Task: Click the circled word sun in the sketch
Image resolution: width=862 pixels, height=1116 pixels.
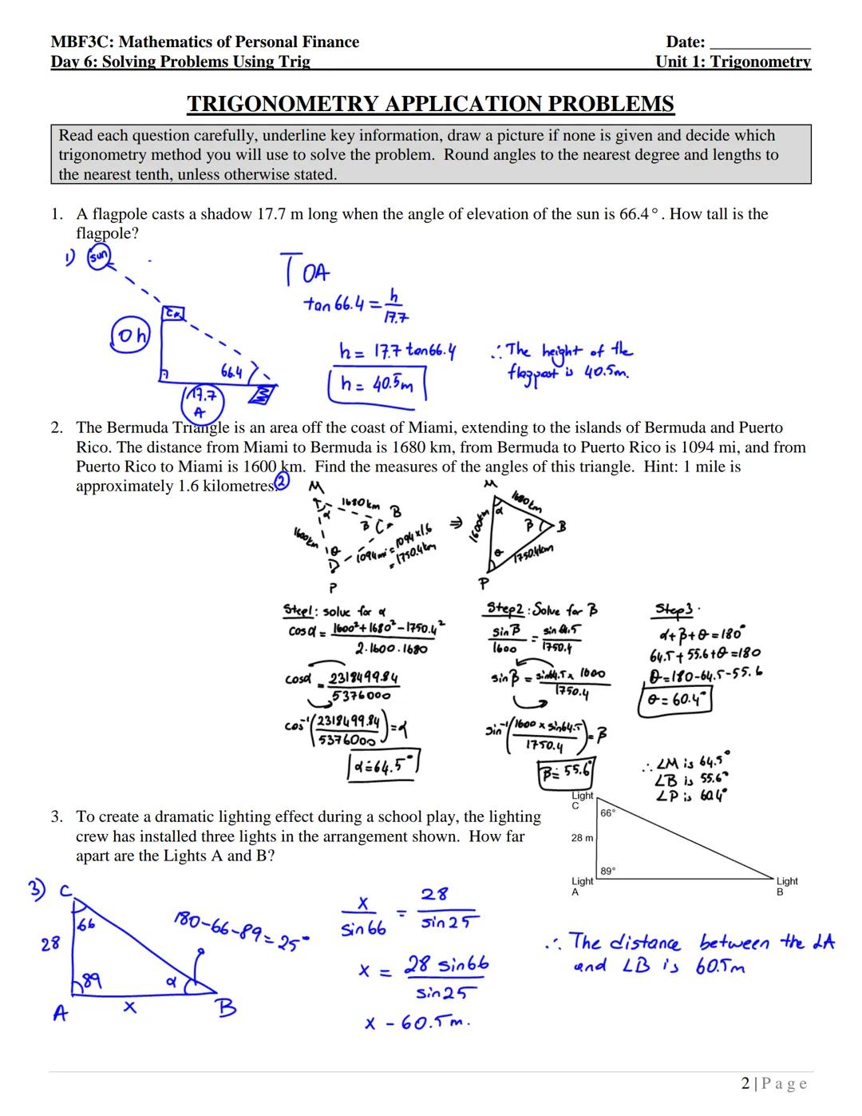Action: pyautogui.click(x=99, y=257)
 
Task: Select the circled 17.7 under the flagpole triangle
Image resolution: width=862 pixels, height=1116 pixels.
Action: pyautogui.click(x=204, y=396)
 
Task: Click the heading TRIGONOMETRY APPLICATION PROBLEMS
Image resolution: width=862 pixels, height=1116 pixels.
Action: pyautogui.click(x=430, y=104)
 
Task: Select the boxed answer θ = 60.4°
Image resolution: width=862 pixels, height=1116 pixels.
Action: pyautogui.click(x=675, y=700)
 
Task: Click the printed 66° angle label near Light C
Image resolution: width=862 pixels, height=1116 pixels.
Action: pyautogui.click(x=607, y=812)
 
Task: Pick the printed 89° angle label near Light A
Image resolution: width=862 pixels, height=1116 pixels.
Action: pyautogui.click(x=607, y=872)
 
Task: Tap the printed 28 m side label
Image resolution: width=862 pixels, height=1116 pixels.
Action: pyautogui.click(x=582, y=838)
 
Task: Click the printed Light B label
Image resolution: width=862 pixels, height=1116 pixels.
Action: pyautogui.click(x=786, y=886)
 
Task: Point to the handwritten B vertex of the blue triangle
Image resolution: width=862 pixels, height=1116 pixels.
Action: pyautogui.click(x=226, y=1008)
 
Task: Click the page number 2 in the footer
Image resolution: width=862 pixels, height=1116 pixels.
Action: pyautogui.click(x=745, y=1084)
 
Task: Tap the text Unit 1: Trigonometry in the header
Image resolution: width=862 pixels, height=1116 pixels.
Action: pyautogui.click(x=733, y=62)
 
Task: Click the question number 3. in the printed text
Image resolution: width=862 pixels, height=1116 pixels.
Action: pyautogui.click(x=57, y=816)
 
